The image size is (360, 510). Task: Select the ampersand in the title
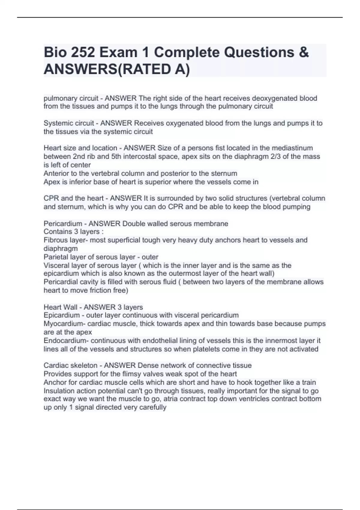click(x=304, y=52)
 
